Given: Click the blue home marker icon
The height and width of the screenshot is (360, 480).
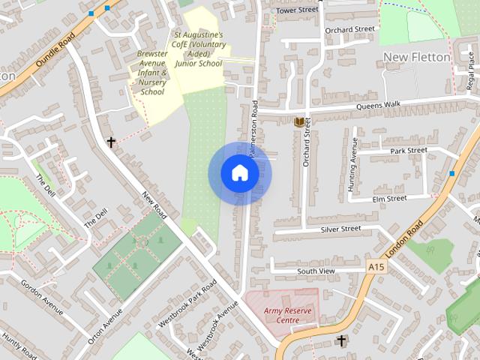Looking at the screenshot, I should [239, 173].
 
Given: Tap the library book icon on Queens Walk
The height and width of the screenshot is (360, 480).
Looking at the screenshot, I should [299, 121].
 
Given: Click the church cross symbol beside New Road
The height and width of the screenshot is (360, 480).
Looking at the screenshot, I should [112, 141].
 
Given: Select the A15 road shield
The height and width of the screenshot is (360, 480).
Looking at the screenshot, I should [376, 267].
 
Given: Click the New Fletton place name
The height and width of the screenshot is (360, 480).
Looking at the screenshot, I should [416, 57].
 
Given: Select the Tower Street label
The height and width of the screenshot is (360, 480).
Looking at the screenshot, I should [296, 10].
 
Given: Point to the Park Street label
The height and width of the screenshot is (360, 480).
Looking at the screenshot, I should [408, 151].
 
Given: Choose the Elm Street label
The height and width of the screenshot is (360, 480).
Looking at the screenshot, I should [389, 198].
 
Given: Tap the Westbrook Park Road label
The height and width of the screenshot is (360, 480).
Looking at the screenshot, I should [187, 304].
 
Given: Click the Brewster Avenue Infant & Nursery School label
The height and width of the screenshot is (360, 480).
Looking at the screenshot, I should [152, 73].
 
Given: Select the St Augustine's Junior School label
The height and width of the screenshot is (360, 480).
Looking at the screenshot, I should [199, 49].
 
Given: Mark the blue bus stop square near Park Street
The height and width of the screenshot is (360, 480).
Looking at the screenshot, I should [451, 173].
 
